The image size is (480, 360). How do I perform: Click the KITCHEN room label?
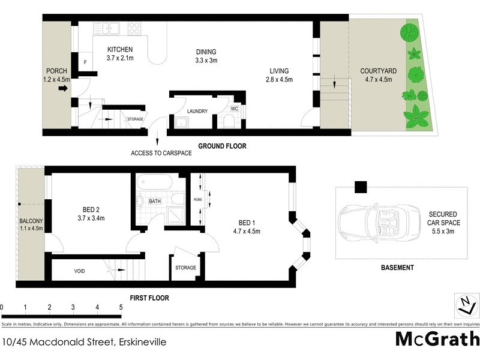point(119,49)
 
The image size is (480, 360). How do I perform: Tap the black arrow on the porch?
point(62,89)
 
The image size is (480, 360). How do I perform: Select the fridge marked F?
point(85,62)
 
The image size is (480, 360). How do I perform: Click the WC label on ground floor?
point(235,109)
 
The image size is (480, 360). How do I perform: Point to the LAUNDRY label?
point(197,111)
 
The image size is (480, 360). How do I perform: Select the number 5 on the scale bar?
point(121,307)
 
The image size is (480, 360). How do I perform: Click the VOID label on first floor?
point(79,271)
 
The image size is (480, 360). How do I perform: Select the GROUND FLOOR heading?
point(223,146)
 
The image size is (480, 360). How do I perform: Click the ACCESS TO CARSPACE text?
point(161,153)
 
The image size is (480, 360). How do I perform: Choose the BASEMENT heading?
point(397,268)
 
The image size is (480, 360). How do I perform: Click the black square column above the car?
point(360,187)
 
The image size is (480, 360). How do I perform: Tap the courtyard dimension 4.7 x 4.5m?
point(376,79)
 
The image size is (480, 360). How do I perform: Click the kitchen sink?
point(110,28)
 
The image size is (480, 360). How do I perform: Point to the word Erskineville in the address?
point(139,343)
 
